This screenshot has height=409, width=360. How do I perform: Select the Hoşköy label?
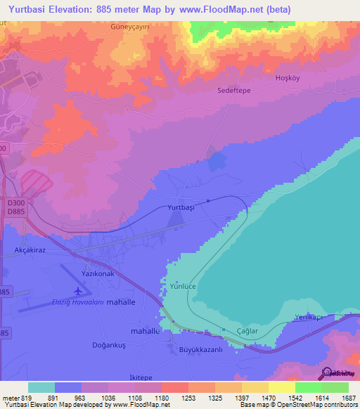[287, 78]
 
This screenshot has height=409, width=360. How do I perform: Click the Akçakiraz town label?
[24, 249]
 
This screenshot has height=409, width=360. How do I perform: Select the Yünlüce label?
[186, 286]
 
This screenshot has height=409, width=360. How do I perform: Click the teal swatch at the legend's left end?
[41, 387]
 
